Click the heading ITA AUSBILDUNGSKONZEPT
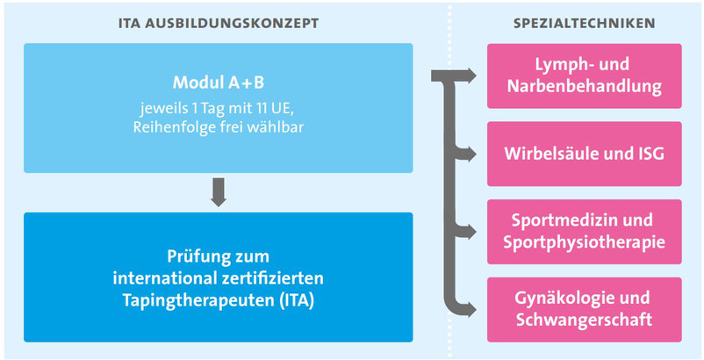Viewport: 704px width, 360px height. [219, 24]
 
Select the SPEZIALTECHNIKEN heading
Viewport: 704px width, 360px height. [584, 24]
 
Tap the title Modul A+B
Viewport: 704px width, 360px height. [219, 83]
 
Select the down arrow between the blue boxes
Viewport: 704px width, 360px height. [219, 192]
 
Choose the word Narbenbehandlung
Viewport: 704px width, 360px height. [584, 86]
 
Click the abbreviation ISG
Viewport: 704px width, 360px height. [650, 154]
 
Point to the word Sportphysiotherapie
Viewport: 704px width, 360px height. [584, 242]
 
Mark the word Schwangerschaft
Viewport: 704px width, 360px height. [584, 320]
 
